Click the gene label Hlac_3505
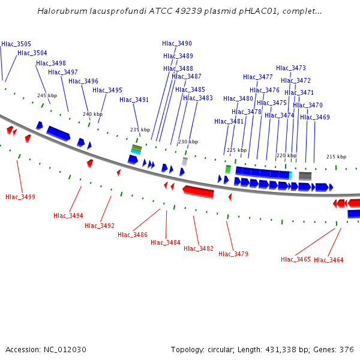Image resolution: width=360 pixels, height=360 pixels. (x=16, y=44)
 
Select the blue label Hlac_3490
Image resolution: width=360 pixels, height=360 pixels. (x=177, y=43)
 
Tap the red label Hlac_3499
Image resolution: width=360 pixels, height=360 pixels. (x=20, y=197)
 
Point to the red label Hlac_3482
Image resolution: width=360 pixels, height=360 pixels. (x=199, y=248)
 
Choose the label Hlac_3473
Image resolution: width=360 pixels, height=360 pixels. (x=291, y=68)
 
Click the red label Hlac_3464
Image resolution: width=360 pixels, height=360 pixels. (x=329, y=260)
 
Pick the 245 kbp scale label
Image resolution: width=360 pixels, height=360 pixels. (x=47, y=95)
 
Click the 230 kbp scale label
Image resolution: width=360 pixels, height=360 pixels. (x=188, y=142)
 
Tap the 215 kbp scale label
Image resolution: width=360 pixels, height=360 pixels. (x=337, y=157)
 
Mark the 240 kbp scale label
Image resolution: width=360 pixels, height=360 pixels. (x=93, y=114)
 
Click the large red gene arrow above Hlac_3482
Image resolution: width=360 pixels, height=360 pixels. (x=199, y=191)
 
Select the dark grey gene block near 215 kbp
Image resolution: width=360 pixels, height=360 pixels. (x=305, y=176)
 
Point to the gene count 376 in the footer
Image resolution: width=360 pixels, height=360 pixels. (x=347, y=349)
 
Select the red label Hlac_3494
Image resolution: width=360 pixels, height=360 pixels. (x=68, y=215)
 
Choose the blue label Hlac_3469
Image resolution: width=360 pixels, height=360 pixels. (x=315, y=117)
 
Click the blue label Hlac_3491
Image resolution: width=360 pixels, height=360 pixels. (x=134, y=100)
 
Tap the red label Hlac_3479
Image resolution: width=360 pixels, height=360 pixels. (x=233, y=254)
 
